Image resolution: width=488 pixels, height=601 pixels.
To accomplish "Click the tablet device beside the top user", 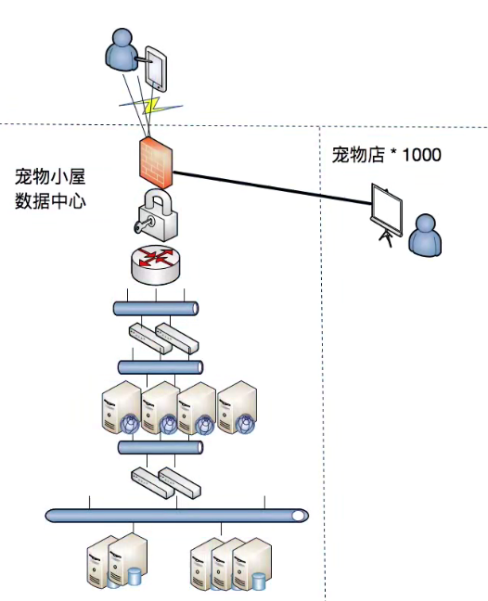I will (x=156, y=68).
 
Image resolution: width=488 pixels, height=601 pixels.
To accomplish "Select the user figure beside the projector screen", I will (x=427, y=236).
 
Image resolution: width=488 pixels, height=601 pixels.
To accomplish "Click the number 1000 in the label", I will (x=421, y=154).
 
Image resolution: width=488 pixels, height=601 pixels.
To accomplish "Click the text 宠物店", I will (x=358, y=154).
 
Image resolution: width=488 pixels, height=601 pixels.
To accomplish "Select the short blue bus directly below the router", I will (x=156, y=308).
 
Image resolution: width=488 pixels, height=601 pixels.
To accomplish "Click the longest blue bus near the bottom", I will (x=176, y=515).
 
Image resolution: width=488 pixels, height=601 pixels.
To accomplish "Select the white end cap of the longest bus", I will (x=298, y=515).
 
